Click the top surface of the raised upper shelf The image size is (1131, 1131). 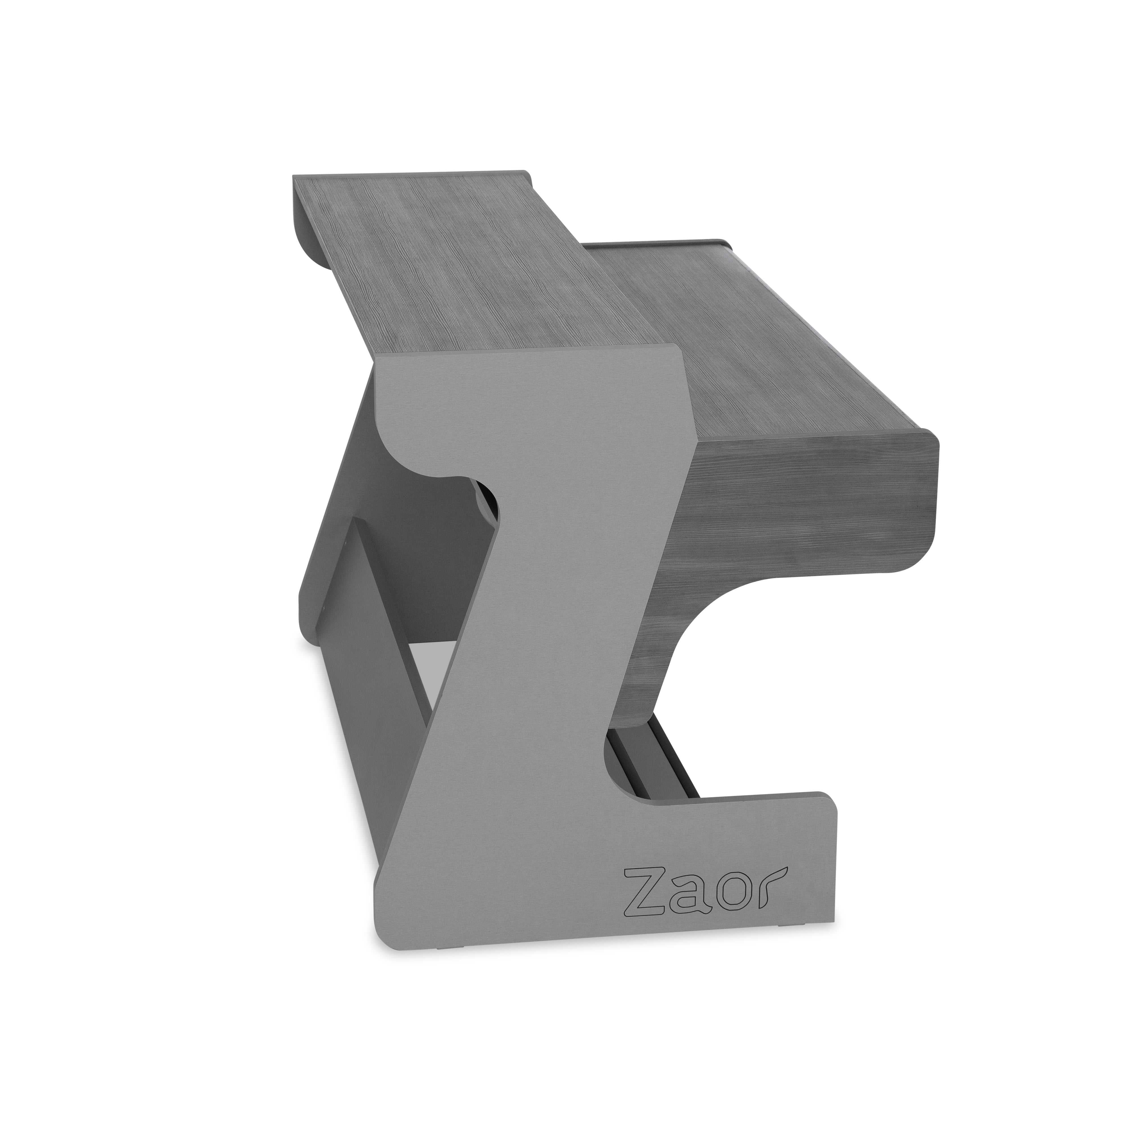pos(457,264)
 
